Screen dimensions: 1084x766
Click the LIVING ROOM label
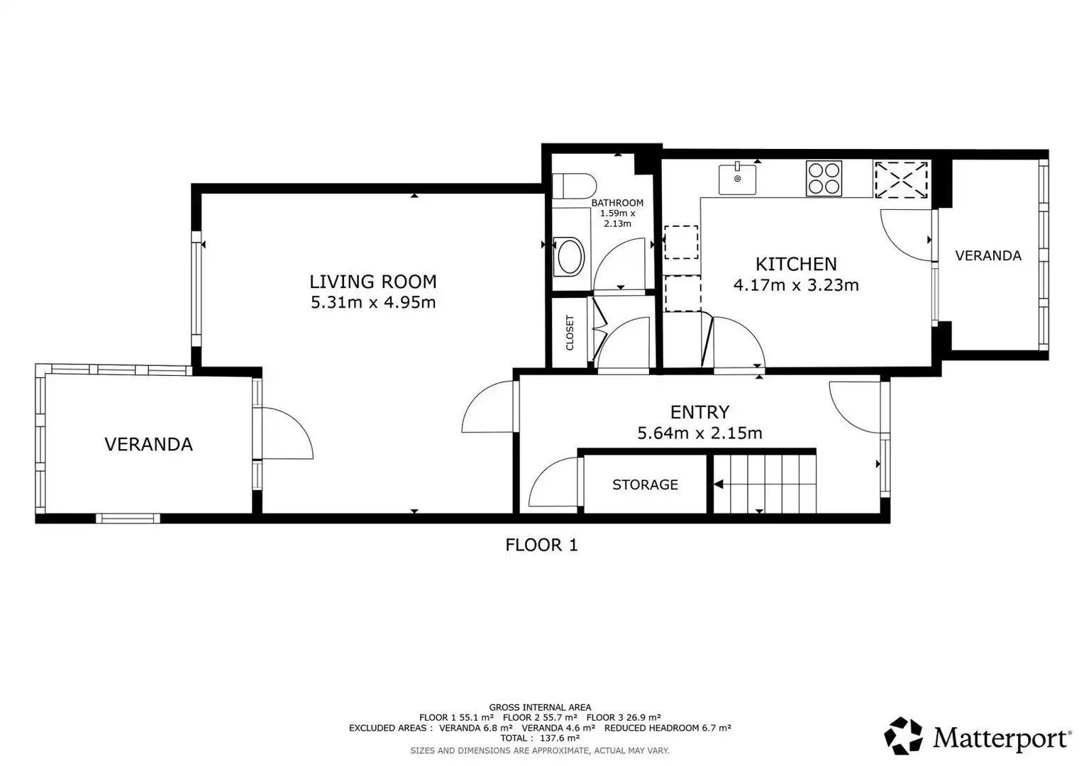click(x=372, y=281)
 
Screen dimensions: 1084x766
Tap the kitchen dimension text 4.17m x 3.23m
click(x=796, y=285)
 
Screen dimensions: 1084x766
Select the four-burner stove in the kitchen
click(x=824, y=179)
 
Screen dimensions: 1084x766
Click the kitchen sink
click(x=737, y=178)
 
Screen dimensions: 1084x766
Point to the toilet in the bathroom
click(x=574, y=186)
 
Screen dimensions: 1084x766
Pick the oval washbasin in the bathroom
click(x=571, y=257)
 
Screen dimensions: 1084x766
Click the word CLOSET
click(x=570, y=333)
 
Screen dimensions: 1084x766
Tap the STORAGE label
click(x=645, y=484)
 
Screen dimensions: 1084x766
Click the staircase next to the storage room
click(x=765, y=484)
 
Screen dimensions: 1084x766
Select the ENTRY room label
click(x=699, y=412)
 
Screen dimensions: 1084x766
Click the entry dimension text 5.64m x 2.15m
click(x=699, y=433)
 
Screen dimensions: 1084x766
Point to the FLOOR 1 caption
click(x=541, y=545)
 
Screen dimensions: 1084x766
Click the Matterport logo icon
click(x=904, y=736)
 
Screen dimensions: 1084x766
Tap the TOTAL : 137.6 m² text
click(x=540, y=738)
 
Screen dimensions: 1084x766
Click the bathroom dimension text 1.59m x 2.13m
click(x=617, y=218)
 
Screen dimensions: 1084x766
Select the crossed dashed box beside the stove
click(x=901, y=179)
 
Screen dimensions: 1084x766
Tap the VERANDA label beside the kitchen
click(x=988, y=255)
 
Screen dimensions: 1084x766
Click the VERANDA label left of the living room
click(x=148, y=444)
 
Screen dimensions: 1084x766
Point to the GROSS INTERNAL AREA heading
click(x=540, y=707)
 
